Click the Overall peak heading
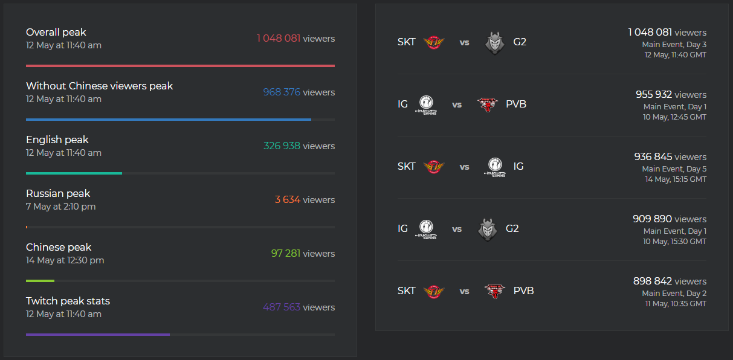(x=56, y=32)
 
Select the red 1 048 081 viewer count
(x=278, y=39)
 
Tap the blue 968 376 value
(x=281, y=92)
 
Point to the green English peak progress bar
(x=74, y=173)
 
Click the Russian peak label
(x=58, y=193)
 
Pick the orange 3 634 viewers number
(x=287, y=200)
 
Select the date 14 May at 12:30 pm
(x=65, y=260)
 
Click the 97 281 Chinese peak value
(x=285, y=254)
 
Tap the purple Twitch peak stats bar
(x=98, y=334)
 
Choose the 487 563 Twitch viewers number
(x=281, y=307)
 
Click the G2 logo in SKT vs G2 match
(x=495, y=42)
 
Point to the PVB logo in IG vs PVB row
(x=487, y=104)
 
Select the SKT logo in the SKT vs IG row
(x=433, y=167)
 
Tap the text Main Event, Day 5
(x=674, y=169)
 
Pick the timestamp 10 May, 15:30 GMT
(x=674, y=242)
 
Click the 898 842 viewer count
(x=652, y=281)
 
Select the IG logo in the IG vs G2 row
(x=426, y=229)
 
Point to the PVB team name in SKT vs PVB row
(x=523, y=291)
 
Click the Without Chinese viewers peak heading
(x=99, y=86)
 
